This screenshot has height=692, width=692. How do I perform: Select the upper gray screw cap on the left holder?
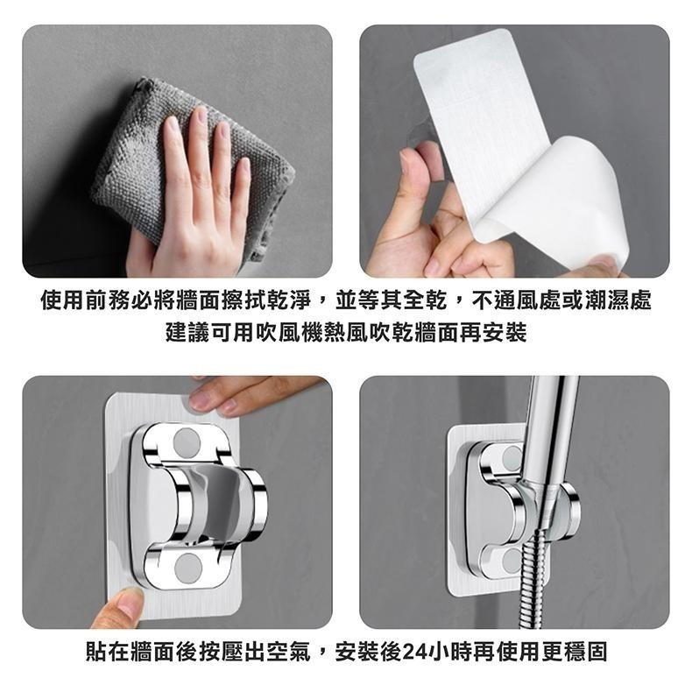click(187, 441)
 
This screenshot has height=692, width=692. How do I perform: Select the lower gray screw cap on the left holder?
click(188, 567)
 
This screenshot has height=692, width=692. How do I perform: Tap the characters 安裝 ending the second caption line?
click(505, 332)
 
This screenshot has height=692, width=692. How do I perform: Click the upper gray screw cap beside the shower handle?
click(512, 456)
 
